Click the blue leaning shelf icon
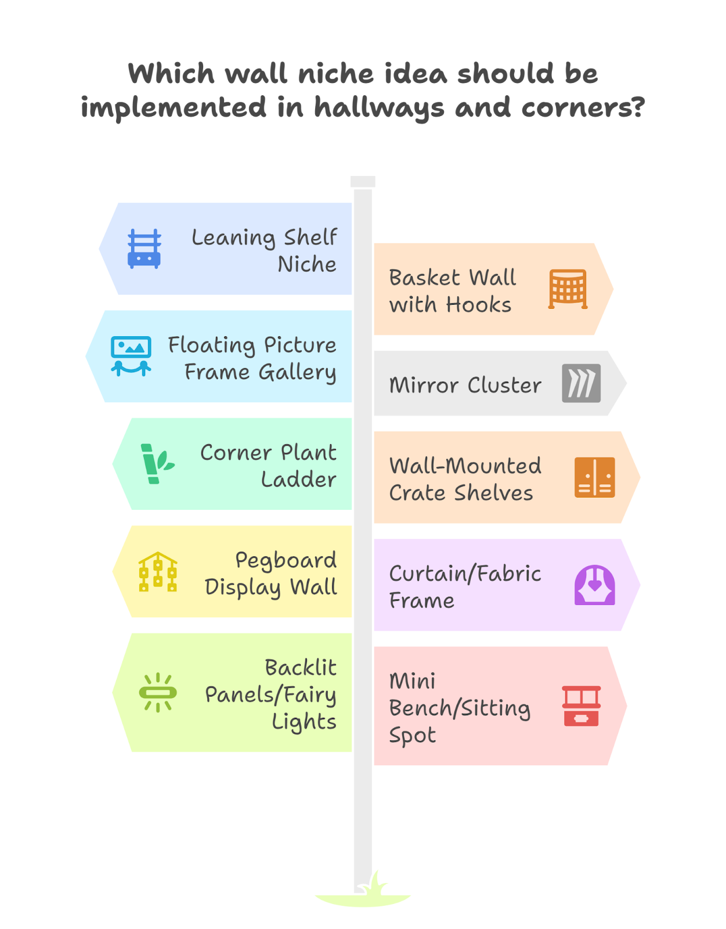[x=144, y=249]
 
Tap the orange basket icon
[x=568, y=289]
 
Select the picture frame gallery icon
[x=131, y=356]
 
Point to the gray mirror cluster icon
[x=581, y=383]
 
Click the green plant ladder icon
[x=157, y=463]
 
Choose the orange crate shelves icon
[x=594, y=477]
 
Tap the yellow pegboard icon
[x=158, y=571]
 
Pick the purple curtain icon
[x=594, y=585]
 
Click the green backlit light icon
[x=158, y=692]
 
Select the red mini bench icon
[x=581, y=706]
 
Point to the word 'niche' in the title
[x=336, y=74]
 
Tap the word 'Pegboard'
[x=286, y=560]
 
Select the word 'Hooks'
[x=478, y=304]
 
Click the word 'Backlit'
[x=301, y=667]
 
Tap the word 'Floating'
[x=211, y=345]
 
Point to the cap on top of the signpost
[x=363, y=181]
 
